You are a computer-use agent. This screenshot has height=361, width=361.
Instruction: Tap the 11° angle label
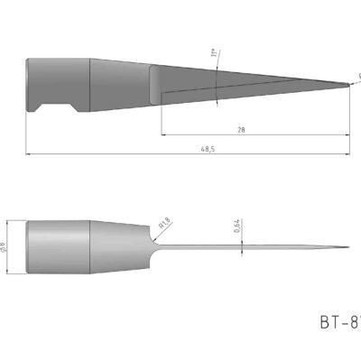(214, 56)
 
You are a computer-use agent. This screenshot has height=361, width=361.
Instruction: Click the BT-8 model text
(338, 321)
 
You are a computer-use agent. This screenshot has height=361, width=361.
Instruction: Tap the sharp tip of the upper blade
(350, 86)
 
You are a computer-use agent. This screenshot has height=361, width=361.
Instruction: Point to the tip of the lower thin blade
(348, 247)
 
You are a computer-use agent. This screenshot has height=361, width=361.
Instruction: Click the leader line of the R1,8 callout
(155, 229)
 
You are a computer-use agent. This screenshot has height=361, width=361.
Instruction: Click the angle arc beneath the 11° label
(220, 81)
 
